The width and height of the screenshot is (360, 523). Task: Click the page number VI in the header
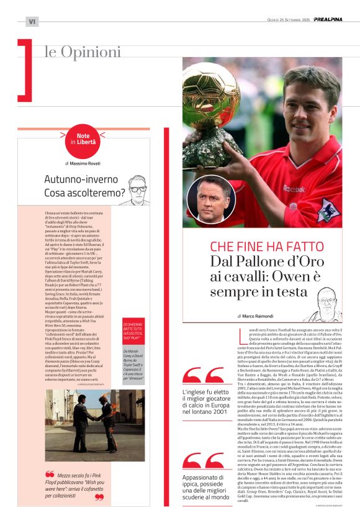(32, 22)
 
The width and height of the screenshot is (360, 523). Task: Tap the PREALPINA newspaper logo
(328, 19)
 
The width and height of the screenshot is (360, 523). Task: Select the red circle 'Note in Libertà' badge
(83, 142)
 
